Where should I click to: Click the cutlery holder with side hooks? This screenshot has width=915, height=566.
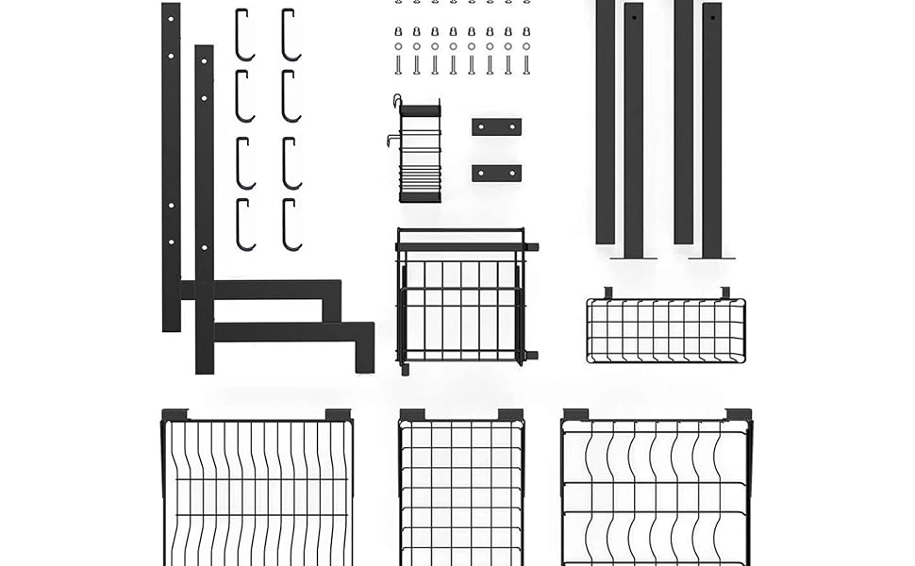coord(420,151)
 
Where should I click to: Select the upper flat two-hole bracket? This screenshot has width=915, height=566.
coord(496,126)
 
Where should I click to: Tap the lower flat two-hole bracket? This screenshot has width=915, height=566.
coord(496,173)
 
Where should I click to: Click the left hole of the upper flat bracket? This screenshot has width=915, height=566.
coord(479,126)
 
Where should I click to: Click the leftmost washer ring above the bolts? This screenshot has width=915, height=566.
coord(398,46)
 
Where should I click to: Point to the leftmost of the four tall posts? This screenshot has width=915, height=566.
coord(605,123)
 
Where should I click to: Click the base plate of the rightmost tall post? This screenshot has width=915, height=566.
coord(711,257)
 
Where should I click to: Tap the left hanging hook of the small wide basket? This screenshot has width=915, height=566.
coord(608,292)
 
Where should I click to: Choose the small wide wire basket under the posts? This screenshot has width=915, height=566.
coord(666,330)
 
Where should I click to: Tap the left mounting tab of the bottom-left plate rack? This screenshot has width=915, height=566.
coord(175,414)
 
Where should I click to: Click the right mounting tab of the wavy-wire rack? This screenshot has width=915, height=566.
coord(739,414)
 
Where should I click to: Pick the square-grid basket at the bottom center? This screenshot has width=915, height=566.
coord(461,491)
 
